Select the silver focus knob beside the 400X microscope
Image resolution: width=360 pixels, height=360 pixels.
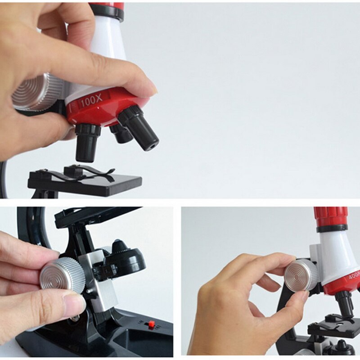point(301,275)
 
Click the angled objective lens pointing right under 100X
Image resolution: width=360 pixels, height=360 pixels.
point(139,128)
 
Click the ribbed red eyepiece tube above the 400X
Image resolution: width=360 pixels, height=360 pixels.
point(331,216)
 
